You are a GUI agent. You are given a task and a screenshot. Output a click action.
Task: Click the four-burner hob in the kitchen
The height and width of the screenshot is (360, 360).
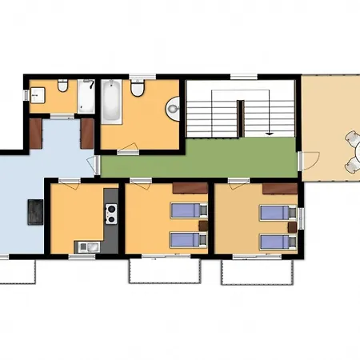click(x=111, y=213)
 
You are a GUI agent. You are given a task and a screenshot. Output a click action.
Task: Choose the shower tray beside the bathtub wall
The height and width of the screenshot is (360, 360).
click(x=87, y=96)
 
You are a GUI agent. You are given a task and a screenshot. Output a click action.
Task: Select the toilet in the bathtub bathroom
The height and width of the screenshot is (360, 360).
click(x=138, y=90)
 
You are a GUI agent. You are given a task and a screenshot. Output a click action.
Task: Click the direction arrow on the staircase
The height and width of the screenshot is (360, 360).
click(x=270, y=127)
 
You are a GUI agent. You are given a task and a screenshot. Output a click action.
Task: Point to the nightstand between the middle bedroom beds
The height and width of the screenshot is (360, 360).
click(x=203, y=224)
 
